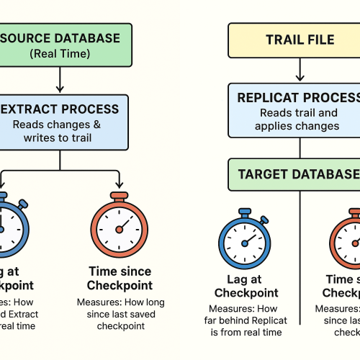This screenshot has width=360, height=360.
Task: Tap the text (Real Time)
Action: tap(60, 53)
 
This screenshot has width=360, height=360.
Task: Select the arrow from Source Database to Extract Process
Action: tap(60, 81)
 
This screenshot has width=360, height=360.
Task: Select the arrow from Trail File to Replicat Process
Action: tap(299, 69)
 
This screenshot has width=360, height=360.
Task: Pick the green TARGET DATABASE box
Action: tap(295, 174)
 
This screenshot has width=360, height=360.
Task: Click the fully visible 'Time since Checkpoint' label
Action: tap(120, 279)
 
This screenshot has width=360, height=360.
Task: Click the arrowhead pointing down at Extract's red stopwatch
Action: tap(119, 186)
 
